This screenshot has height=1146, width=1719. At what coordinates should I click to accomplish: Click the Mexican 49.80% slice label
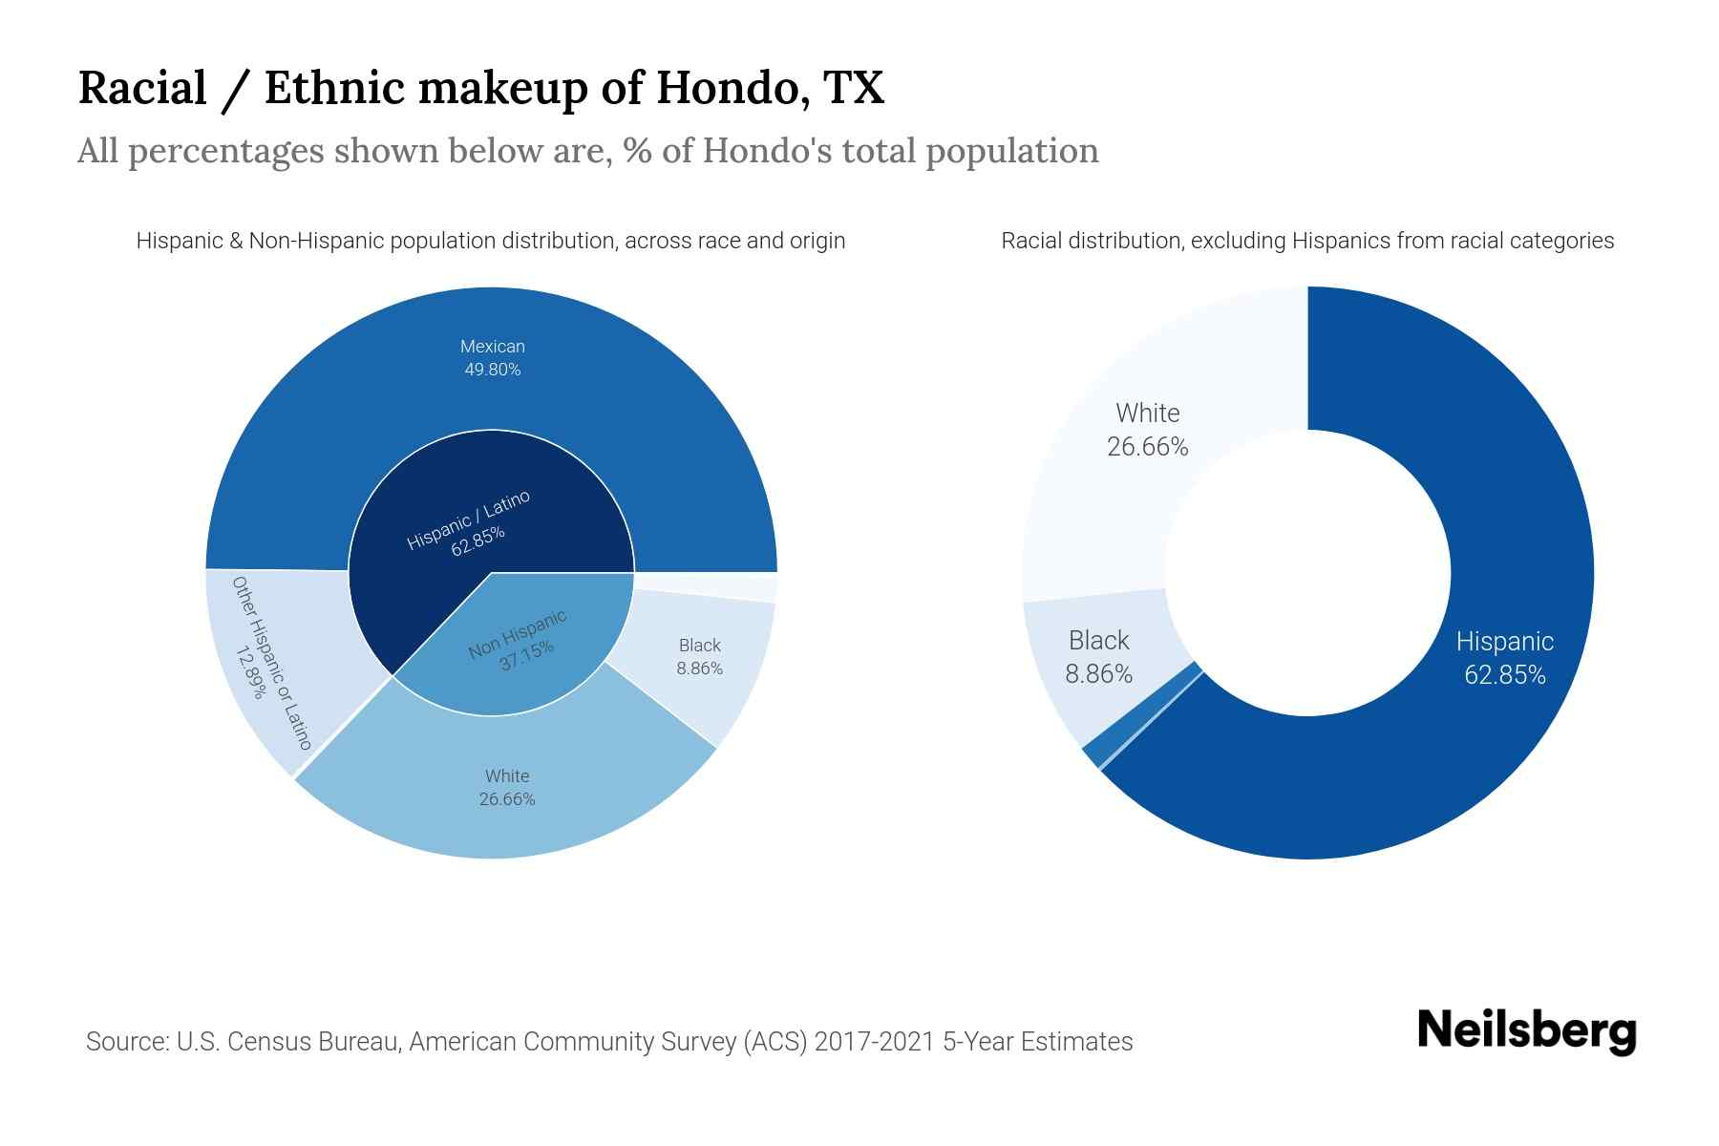click(x=492, y=358)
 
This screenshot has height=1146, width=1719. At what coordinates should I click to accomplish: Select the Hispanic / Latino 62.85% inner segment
click(x=468, y=524)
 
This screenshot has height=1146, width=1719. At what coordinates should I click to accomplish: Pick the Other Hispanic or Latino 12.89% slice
click(x=271, y=662)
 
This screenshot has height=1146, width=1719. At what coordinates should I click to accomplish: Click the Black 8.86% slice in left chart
click(x=699, y=656)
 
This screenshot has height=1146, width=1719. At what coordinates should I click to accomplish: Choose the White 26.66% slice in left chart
click(x=506, y=787)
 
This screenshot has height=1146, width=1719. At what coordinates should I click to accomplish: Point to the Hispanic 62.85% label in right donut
click(x=1504, y=658)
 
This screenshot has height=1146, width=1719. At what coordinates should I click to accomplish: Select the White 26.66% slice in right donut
click(x=1147, y=430)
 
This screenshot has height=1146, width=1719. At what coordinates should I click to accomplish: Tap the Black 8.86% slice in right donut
click(x=1098, y=657)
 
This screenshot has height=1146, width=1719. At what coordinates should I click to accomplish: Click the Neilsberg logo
click(x=1526, y=1030)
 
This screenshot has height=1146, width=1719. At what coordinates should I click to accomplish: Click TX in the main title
click(x=852, y=88)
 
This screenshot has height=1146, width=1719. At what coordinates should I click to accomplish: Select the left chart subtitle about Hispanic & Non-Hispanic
click(x=491, y=241)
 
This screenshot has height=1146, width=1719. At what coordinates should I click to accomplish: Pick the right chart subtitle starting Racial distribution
click(x=1306, y=241)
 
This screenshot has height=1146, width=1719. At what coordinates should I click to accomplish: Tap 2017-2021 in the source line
click(x=873, y=1041)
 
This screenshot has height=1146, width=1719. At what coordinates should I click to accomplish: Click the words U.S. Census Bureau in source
click(x=286, y=1041)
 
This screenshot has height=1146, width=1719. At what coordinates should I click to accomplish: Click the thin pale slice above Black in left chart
click(x=707, y=586)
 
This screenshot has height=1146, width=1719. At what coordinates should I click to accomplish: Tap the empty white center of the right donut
click(x=1307, y=573)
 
